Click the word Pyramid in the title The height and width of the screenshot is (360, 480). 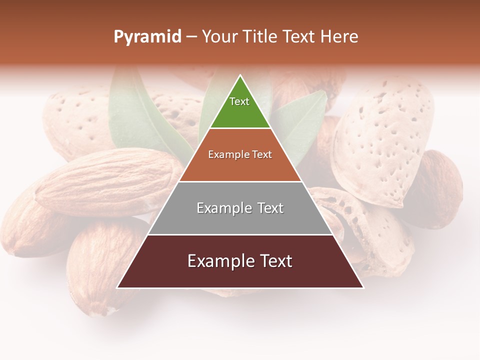pos(147,37)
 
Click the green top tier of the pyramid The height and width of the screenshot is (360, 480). pos(240,112)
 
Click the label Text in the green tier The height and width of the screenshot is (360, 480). pos(239,101)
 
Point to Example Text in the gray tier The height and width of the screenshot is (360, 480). pos(240,208)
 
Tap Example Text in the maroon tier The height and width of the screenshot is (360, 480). pos(240,261)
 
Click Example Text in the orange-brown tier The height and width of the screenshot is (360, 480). pos(240,154)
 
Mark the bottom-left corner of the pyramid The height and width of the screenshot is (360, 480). pos(117,288)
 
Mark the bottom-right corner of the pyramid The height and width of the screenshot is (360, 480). pos(363,288)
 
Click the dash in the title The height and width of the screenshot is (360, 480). pos(191,37)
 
